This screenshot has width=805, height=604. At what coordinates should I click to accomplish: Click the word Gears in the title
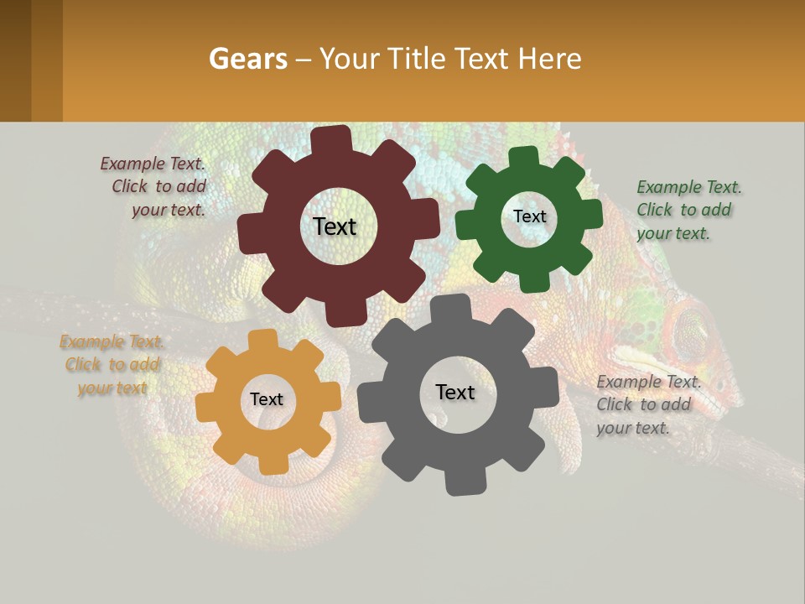coord(245,59)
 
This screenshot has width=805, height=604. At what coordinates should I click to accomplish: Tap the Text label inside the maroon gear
coord(335,226)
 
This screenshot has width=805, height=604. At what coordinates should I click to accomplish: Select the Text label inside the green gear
coord(529,216)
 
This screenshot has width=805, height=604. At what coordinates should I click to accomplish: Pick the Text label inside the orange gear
coord(267,399)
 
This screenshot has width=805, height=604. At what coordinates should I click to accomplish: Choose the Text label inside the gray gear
coord(454,392)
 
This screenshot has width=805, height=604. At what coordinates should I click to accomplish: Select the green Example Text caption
coord(688,210)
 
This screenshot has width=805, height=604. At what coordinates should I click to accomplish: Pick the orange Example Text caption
coord(112,365)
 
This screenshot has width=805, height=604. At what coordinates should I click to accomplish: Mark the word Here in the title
coord(549,59)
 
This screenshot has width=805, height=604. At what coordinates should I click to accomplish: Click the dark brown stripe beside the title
coord(15,60)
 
